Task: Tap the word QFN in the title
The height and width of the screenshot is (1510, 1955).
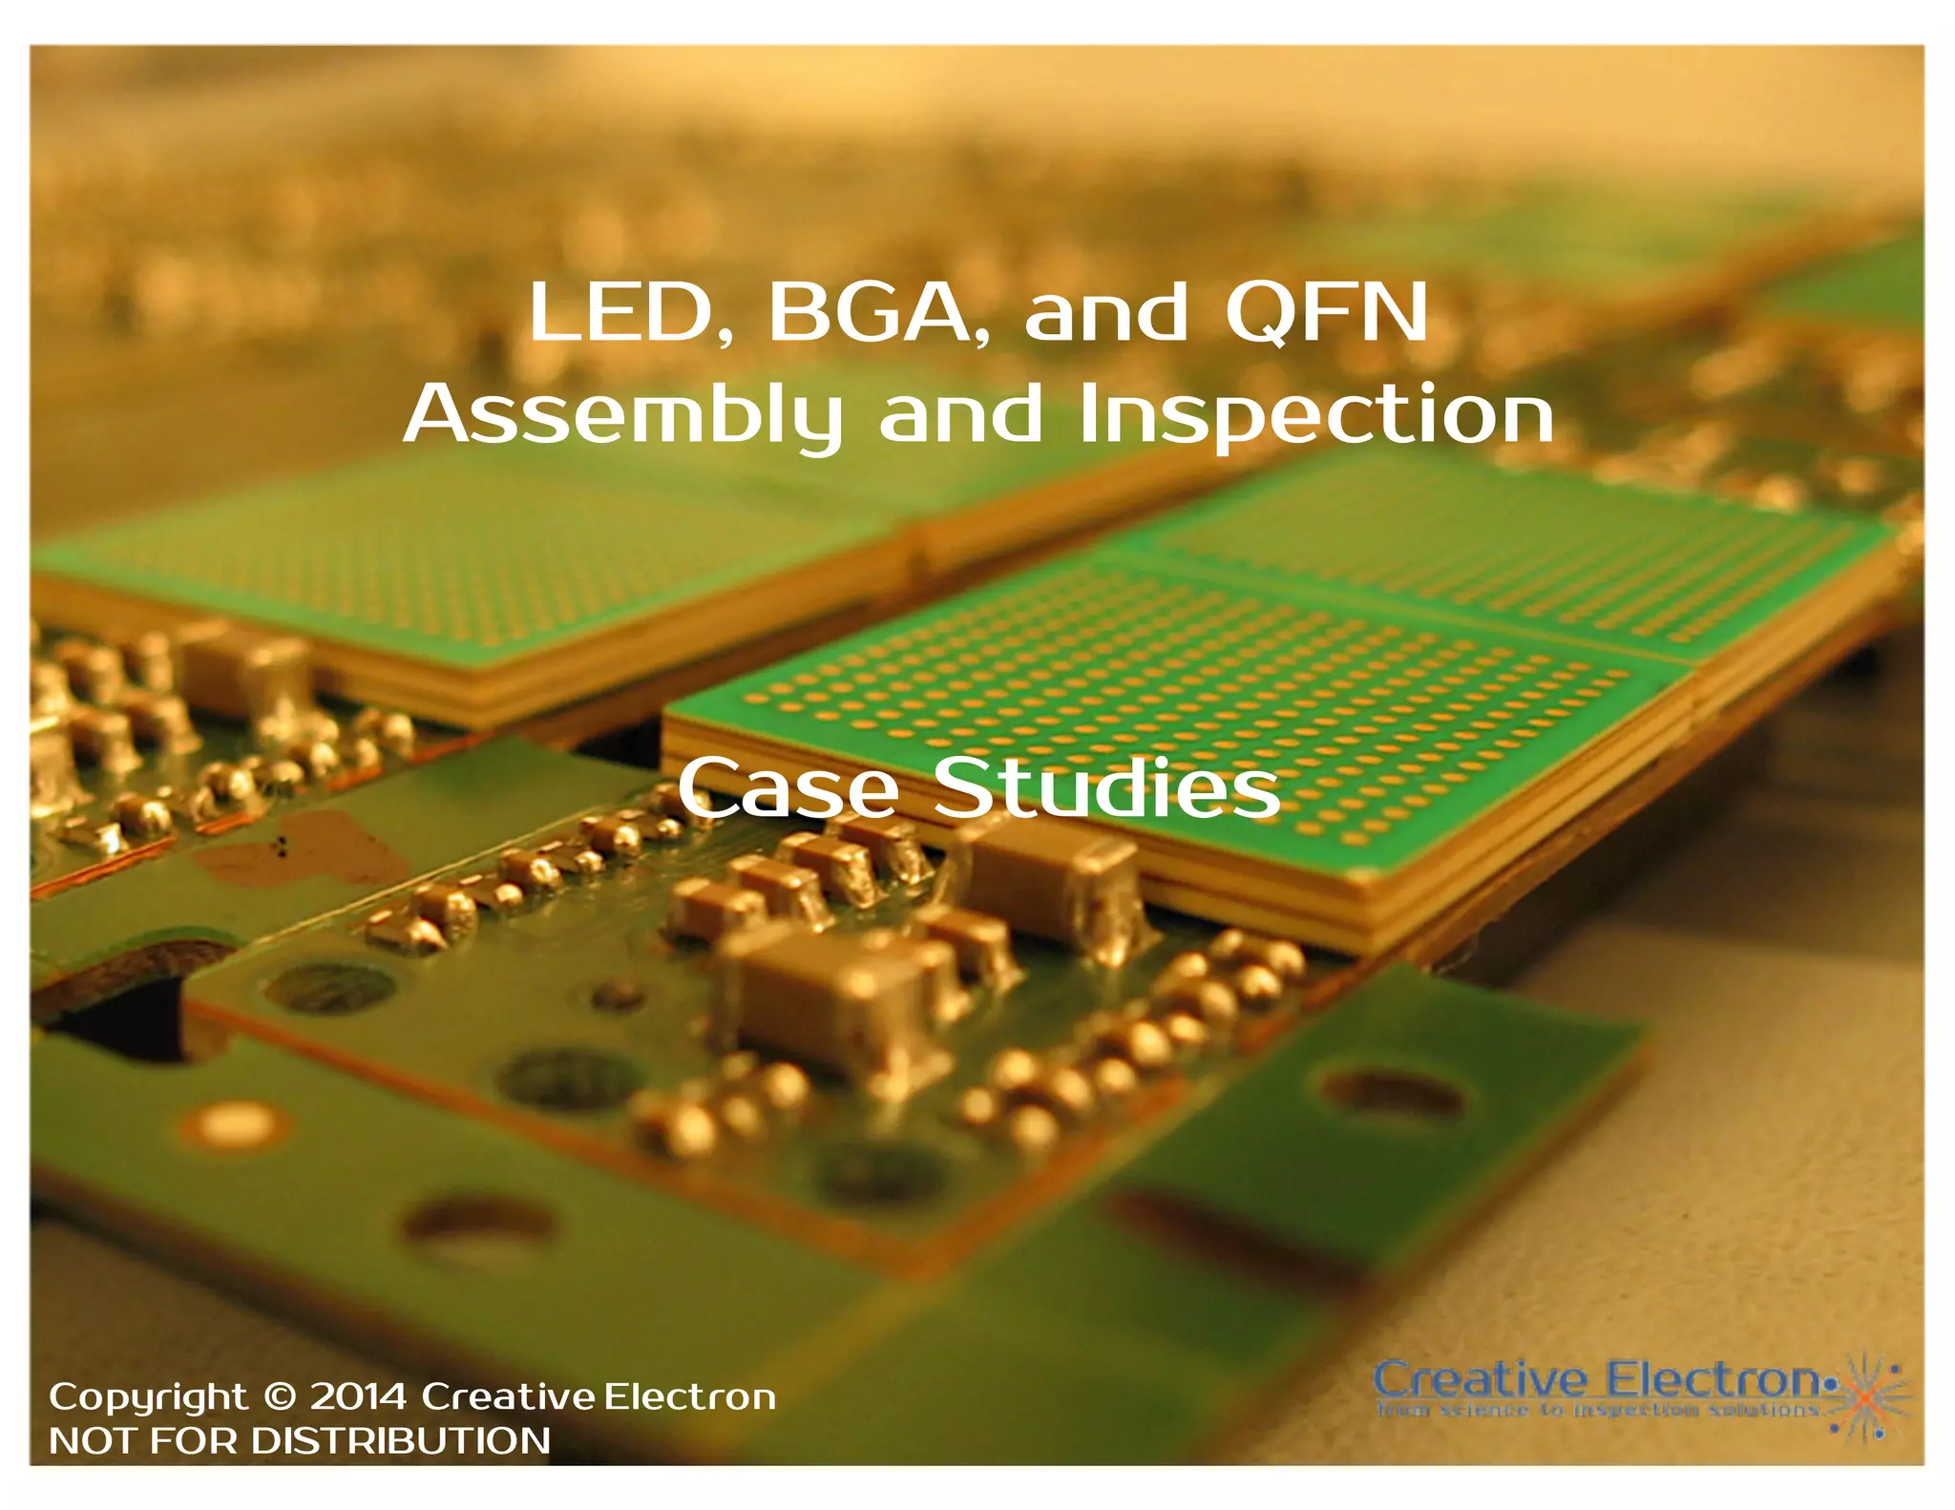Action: [1327, 312]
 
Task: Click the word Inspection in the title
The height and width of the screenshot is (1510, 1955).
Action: [1316, 415]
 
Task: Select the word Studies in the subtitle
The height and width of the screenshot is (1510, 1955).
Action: [1106, 788]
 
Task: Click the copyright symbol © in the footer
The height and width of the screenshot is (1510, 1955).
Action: [280, 1397]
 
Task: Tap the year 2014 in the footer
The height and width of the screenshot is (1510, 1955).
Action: [358, 1397]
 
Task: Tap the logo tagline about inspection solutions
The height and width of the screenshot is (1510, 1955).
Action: [1597, 1410]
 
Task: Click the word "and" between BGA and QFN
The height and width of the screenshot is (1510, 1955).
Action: [1105, 312]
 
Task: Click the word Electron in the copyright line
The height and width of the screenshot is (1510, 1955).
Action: [690, 1397]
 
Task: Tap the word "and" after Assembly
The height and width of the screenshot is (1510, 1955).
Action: [960, 415]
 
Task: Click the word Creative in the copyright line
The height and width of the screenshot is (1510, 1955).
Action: [511, 1397]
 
